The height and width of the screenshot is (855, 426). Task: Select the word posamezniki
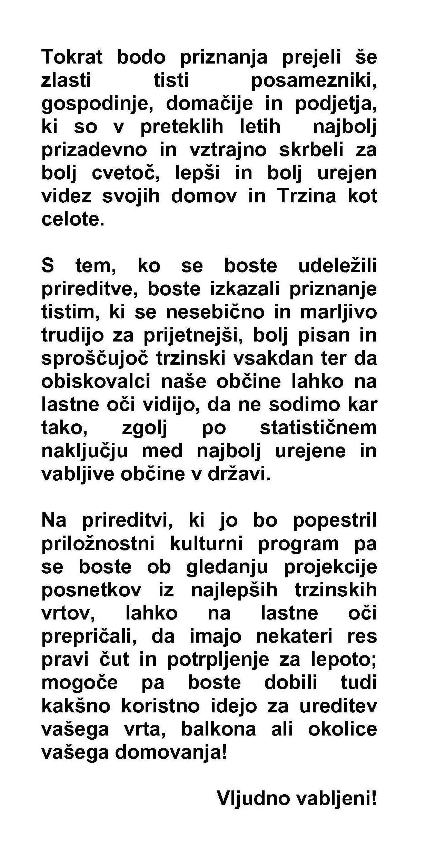click(314, 80)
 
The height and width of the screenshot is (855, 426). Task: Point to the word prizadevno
click(94, 150)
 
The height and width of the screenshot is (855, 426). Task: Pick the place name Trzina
click(306, 196)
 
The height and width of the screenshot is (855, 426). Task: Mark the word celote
click(72, 219)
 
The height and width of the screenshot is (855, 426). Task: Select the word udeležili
click(337, 266)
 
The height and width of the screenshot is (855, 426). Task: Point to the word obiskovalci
click(96, 382)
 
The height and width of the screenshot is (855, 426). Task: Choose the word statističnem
click(318, 428)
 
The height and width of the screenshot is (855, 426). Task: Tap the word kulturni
click(207, 544)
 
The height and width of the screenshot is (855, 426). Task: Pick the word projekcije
click(330, 567)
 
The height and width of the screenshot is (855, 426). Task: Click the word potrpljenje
click(218, 660)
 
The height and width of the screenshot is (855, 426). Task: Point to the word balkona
click(218, 729)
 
